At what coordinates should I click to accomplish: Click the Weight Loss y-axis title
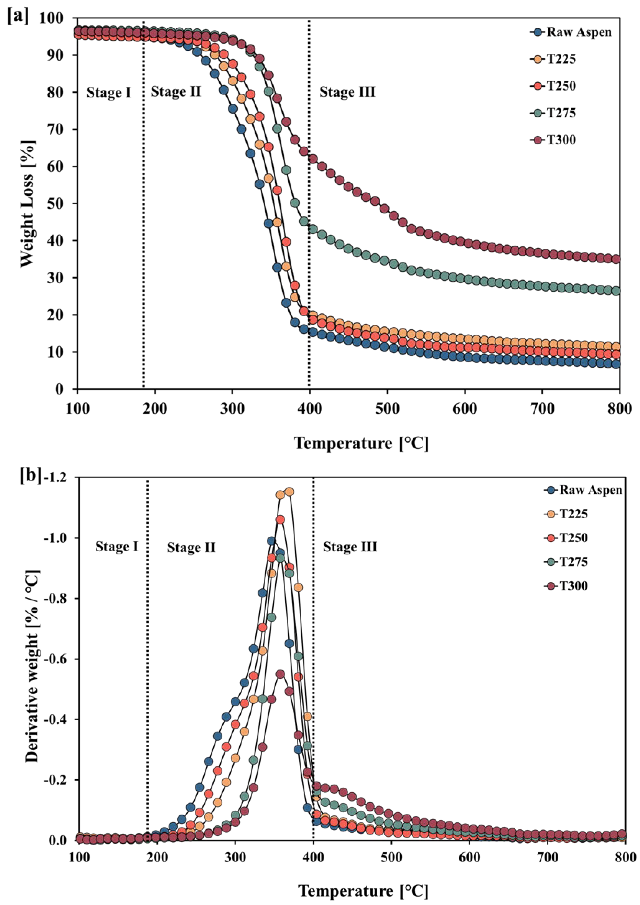(28, 204)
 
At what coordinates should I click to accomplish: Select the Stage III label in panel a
(347, 92)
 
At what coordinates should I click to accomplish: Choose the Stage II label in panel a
(176, 92)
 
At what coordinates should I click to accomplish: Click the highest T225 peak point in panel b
(289, 492)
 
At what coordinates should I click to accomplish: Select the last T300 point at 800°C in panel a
(616, 259)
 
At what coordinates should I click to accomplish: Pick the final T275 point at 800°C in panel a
(616, 291)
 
